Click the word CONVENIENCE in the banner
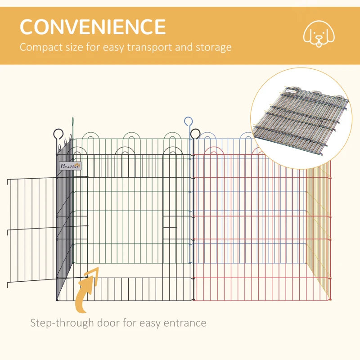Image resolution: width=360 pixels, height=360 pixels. pos(92,27)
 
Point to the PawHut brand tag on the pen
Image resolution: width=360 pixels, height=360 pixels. pos(70,166)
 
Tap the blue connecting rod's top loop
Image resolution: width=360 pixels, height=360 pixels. pos(188,121)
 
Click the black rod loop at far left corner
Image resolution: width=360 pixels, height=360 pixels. pos(58,133)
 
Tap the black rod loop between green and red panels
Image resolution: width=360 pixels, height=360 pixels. pos(195,133)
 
